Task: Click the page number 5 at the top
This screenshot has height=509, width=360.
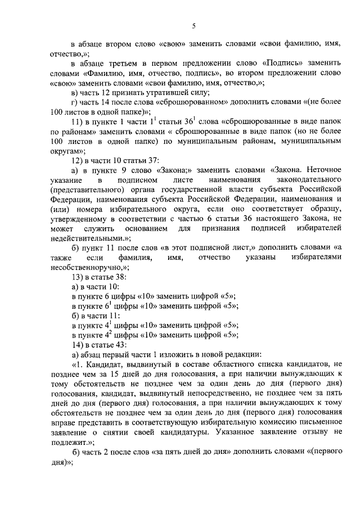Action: [193, 25]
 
